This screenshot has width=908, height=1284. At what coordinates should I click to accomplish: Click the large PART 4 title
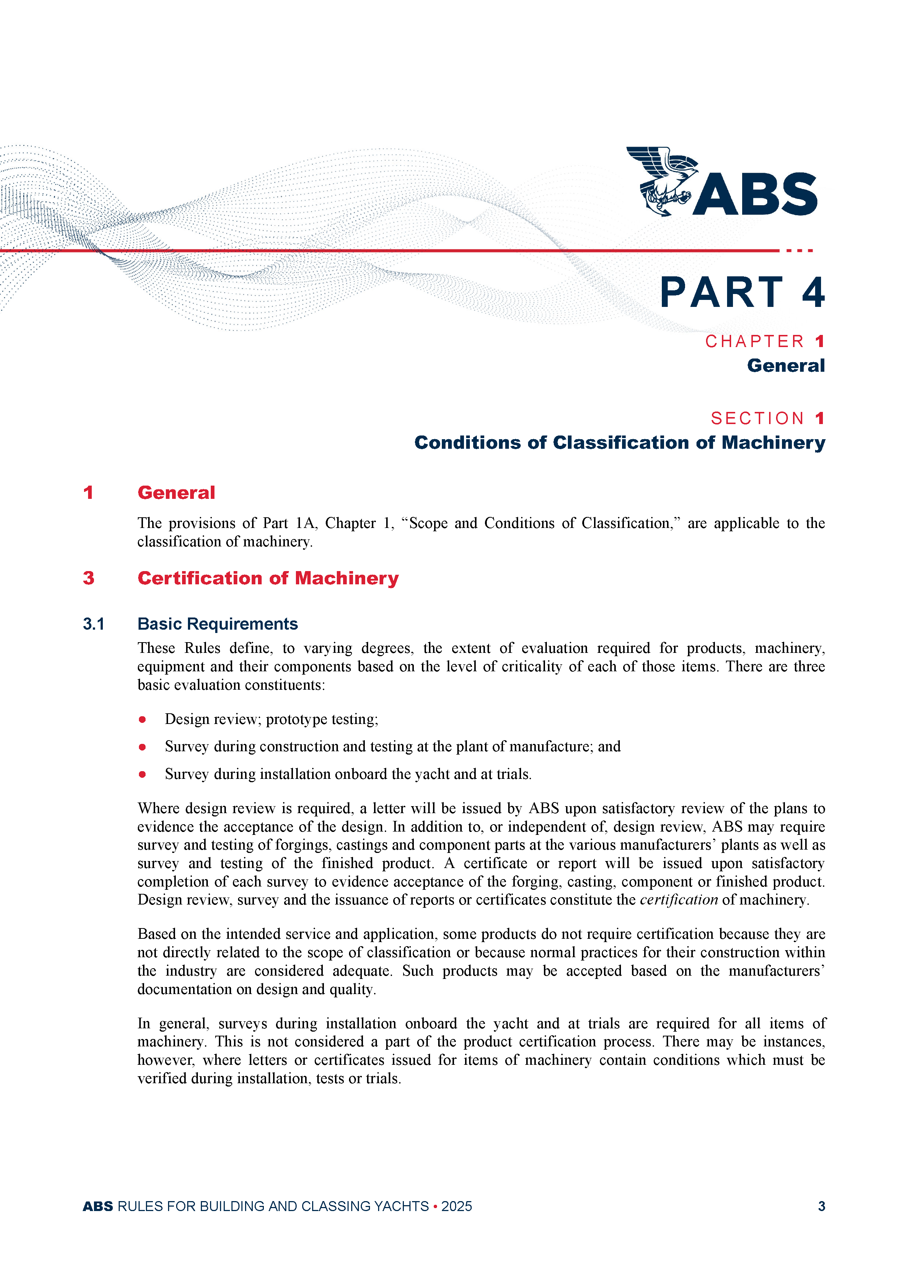pos(742,293)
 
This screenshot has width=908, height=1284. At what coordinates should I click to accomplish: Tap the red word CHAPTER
pos(754,341)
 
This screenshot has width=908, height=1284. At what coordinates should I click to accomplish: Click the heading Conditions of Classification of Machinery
pos(619,442)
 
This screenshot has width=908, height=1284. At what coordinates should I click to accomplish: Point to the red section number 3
pos(88,578)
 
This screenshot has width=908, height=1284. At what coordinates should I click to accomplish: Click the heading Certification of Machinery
pos(268,578)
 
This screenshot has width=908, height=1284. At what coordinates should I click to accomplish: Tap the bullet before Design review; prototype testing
pos(143,720)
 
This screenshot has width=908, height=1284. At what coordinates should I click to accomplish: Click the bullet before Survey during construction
pos(143,747)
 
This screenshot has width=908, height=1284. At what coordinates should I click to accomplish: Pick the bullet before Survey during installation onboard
pos(143,774)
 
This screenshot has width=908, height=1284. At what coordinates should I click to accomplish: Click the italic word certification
pos(679,900)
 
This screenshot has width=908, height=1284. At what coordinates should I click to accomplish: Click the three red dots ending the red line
pos(799,251)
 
